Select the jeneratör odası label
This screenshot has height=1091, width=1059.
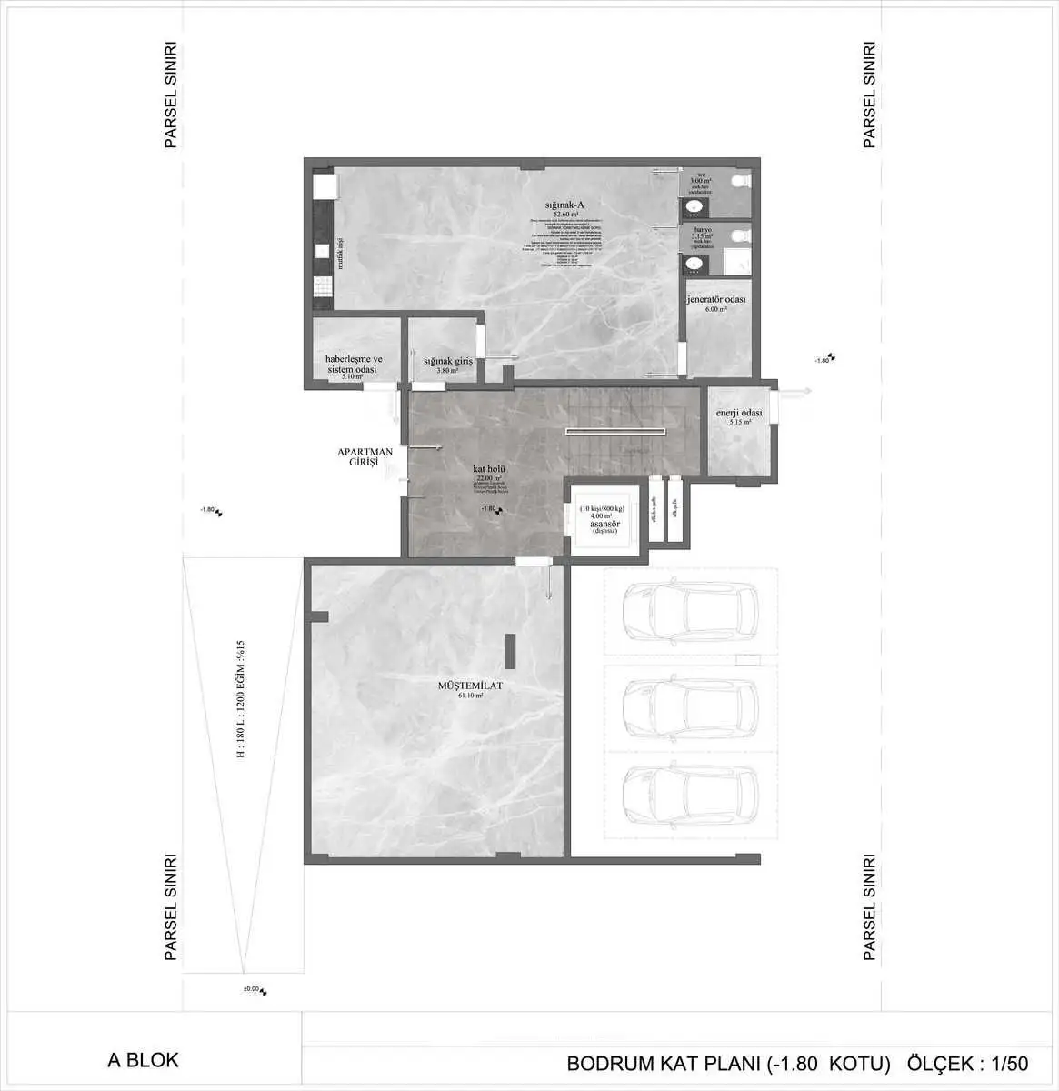(716, 301)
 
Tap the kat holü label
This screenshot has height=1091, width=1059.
(488, 470)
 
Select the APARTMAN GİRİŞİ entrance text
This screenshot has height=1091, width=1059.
(365, 456)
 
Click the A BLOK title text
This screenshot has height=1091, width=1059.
(143, 1060)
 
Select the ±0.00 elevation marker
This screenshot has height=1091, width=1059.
(251, 989)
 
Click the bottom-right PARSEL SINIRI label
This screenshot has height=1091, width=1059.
(868, 906)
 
